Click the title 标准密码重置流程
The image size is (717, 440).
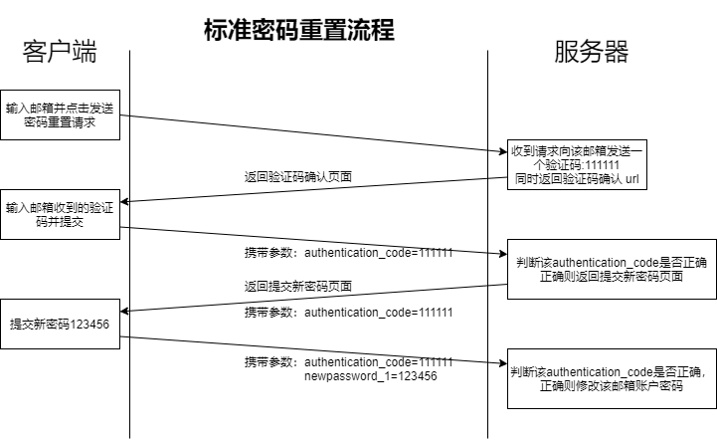pyautogui.click(x=299, y=31)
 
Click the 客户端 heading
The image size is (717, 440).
pyautogui.click(x=60, y=52)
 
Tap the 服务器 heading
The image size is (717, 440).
pyautogui.click(x=591, y=52)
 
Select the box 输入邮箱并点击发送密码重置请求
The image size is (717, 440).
pyautogui.click(x=60, y=114)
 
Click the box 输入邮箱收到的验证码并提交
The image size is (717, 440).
pyautogui.click(x=60, y=215)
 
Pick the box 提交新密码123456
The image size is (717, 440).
pyautogui.click(x=60, y=324)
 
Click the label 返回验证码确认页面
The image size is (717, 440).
pyautogui.click(x=298, y=176)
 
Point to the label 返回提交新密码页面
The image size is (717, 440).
pyautogui.click(x=298, y=286)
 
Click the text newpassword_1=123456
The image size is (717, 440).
pyautogui.click(x=370, y=377)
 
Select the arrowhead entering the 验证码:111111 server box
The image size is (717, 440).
pyautogui.click(x=502, y=152)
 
